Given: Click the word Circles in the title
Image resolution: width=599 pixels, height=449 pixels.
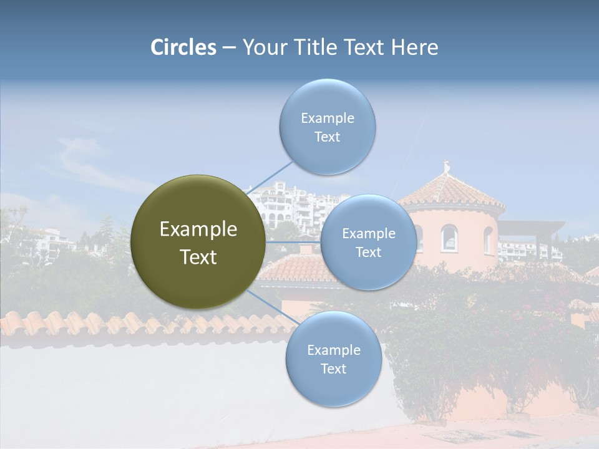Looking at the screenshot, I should coord(183,47).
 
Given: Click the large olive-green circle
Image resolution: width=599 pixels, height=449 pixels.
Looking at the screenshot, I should coord(198,242).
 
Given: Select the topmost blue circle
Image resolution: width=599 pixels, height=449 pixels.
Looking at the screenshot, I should coord(327,127).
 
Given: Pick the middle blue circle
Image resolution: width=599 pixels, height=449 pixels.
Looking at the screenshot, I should coord(368,243).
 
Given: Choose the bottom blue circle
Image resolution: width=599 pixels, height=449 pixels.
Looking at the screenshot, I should coord(333,359).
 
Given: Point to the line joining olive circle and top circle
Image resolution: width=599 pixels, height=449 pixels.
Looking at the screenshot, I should coord(271,177).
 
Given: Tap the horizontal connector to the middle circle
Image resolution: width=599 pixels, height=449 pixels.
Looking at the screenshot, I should coord(293,242).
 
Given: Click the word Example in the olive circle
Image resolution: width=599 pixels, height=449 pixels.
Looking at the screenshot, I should coord(198,229).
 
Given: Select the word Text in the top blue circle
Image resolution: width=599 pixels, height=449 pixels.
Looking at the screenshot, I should coord(327,137).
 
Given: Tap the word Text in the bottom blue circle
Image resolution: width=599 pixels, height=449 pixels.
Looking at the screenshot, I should coord(333,369).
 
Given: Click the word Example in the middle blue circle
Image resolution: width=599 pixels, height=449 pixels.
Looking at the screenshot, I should coord(368,234).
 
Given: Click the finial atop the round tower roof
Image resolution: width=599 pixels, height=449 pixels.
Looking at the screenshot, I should coord(446,167).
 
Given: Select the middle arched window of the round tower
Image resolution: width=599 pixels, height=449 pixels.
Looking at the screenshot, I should coord(449,238).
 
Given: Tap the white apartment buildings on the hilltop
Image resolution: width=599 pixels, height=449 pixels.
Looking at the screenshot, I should coord(293,203).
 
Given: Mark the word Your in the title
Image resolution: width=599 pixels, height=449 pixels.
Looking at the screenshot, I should coord(263,47).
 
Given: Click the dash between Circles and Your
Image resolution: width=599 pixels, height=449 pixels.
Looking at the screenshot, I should coord(229,48).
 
